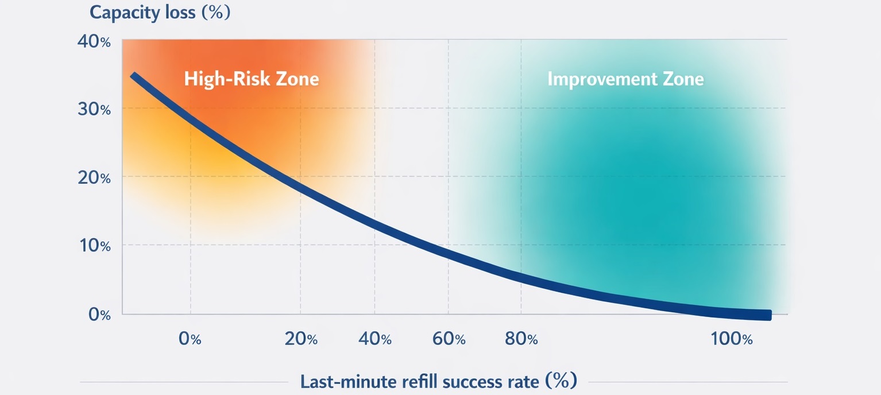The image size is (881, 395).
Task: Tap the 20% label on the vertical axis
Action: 94,178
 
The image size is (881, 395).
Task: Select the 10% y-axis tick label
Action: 94,246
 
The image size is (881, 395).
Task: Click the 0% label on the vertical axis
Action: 97,315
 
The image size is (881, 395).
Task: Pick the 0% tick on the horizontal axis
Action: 190,339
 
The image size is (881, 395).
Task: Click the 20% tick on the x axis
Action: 301,339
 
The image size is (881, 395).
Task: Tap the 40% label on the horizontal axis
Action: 374,339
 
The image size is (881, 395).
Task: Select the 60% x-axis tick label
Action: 449,339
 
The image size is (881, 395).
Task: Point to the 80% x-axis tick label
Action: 521,339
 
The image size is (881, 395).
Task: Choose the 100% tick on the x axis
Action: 731,339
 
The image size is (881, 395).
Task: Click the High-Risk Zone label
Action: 251,79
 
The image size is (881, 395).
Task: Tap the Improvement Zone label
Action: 625,79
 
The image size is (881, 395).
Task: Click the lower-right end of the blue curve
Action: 768,315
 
